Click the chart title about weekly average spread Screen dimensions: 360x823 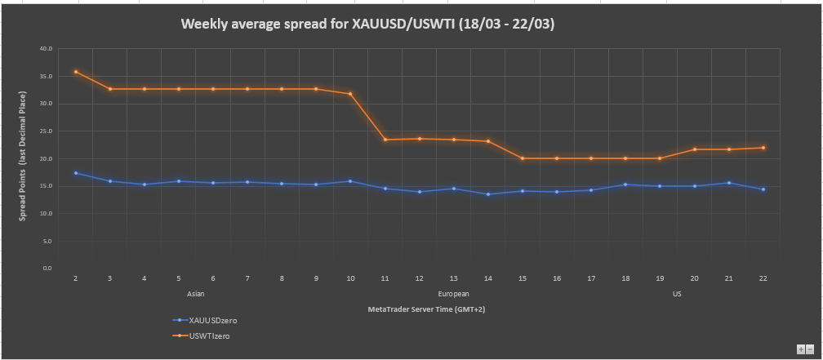click(x=367, y=24)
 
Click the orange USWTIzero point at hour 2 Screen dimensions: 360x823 click(x=75, y=72)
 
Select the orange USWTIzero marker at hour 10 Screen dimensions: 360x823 click(x=350, y=94)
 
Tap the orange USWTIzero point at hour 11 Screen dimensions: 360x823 click(x=385, y=140)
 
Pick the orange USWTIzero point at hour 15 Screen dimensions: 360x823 click(x=522, y=158)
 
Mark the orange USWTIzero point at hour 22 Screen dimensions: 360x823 click(x=763, y=148)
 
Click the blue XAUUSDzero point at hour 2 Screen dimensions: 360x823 click(x=75, y=173)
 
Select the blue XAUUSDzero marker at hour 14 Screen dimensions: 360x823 click(x=487, y=194)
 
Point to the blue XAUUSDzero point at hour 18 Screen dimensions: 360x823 click(x=625, y=184)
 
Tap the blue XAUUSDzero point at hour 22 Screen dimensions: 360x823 click(x=763, y=189)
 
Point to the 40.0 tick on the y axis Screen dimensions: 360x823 click(x=46, y=49)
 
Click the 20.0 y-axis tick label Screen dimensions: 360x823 click(x=46, y=158)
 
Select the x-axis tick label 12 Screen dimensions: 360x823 click(x=419, y=278)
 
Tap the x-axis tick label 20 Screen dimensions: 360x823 click(x=694, y=278)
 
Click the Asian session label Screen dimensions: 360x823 click(x=196, y=294)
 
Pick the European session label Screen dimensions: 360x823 click(x=454, y=294)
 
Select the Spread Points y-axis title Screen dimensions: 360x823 click(x=24, y=159)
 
